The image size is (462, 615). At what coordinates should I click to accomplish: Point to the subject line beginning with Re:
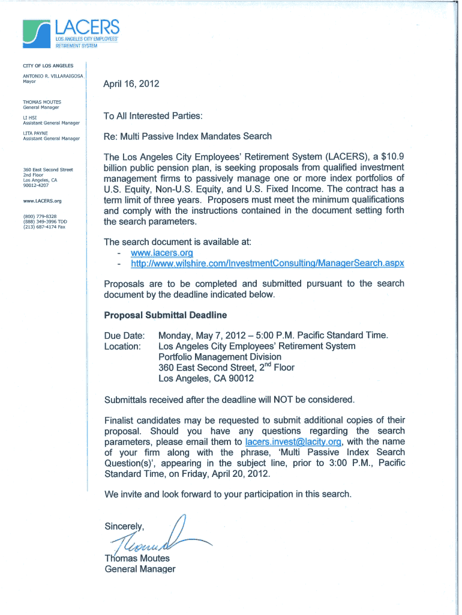(188, 136)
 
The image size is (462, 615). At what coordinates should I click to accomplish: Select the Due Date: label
(125, 335)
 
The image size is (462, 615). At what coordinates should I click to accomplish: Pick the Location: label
(123, 346)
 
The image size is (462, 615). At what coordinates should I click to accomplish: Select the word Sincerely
(125, 527)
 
